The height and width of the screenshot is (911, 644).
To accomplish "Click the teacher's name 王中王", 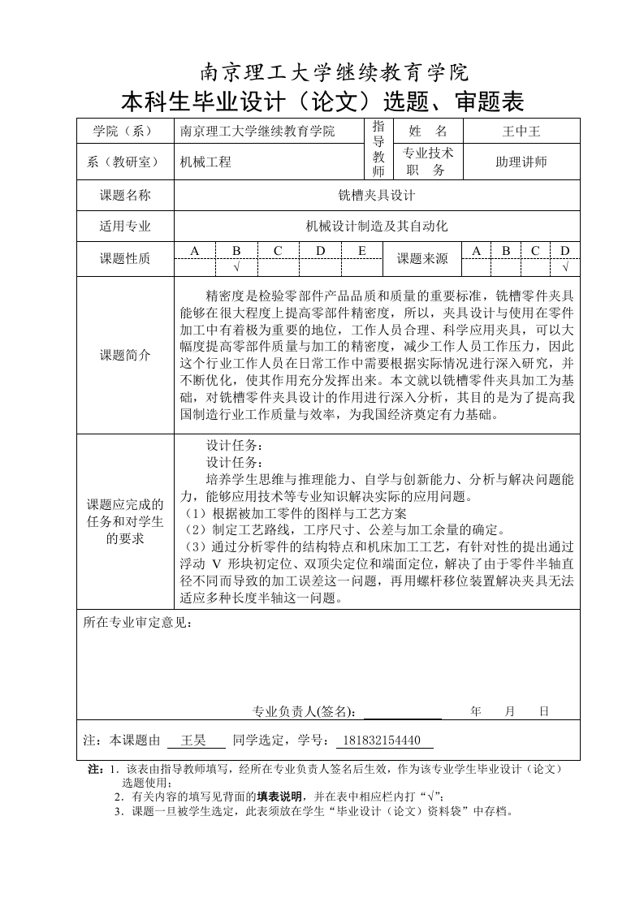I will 521,131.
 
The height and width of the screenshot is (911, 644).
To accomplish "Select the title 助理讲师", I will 521,162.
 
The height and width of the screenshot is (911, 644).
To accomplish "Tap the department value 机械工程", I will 205,162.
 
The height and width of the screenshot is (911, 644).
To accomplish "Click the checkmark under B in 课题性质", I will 236,267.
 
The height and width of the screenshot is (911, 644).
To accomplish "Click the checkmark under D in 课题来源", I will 565,267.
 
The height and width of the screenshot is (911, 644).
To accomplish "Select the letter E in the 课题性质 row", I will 361,250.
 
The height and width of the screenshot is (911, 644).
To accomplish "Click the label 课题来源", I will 421,259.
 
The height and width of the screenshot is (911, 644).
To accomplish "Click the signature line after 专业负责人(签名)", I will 402,713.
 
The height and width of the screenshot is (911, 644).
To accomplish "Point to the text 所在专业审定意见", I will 138,624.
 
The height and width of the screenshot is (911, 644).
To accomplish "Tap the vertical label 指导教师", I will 378,149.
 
